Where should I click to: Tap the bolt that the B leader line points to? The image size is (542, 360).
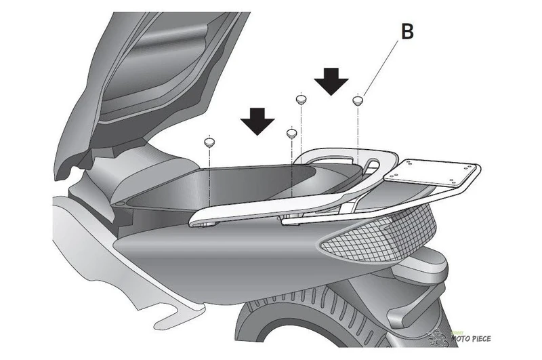pyautogui.click(x=358, y=101)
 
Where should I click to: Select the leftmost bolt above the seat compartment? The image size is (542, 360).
pyautogui.click(x=210, y=142)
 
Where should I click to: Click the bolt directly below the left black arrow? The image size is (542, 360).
pyautogui.click(x=291, y=134)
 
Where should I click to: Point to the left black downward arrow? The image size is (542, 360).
pyautogui.click(x=257, y=122)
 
